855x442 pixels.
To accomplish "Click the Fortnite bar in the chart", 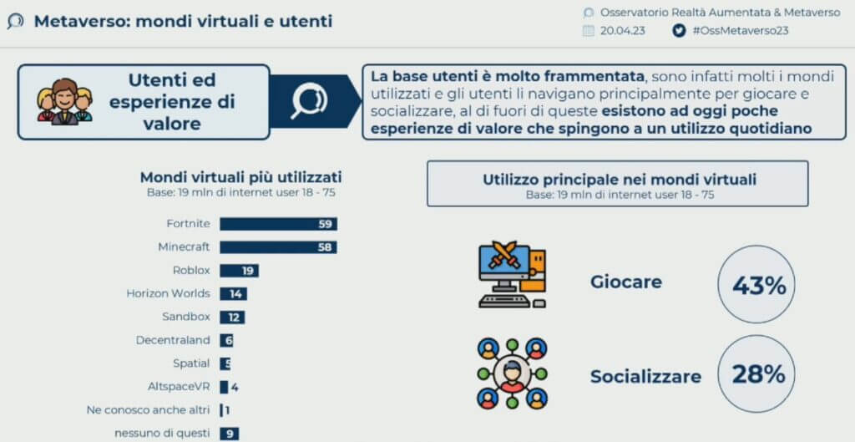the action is tap(279, 224).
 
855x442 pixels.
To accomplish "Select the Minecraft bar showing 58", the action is tap(278, 247).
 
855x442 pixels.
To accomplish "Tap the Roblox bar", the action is tap(240, 271).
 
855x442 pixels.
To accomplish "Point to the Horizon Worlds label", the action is tap(168, 293).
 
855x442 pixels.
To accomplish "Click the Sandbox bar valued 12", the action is tap(232, 317).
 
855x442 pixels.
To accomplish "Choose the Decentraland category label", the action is tap(173, 341).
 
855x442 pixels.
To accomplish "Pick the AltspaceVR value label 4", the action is tap(235, 388).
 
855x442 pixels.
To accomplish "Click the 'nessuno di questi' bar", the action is tap(230, 434).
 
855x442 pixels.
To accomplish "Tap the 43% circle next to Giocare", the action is tap(756, 284).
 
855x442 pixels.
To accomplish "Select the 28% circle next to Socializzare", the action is tap(756, 374).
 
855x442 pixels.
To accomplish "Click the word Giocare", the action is tap(626, 282).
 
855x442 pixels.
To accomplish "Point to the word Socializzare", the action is tap(645, 377).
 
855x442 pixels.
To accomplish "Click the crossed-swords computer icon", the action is tap(512, 275).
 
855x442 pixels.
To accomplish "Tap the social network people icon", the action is tap(512, 373).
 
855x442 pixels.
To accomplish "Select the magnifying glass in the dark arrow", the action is tap(309, 100).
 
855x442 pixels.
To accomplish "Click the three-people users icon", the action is tap(65, 101).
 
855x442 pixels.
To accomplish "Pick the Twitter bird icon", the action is tap(679, 31).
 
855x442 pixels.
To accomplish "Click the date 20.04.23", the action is tap(623, 31).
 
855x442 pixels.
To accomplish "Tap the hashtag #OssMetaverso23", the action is tap(740, 31).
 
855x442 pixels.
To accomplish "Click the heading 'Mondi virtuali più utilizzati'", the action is tap(241, 178).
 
